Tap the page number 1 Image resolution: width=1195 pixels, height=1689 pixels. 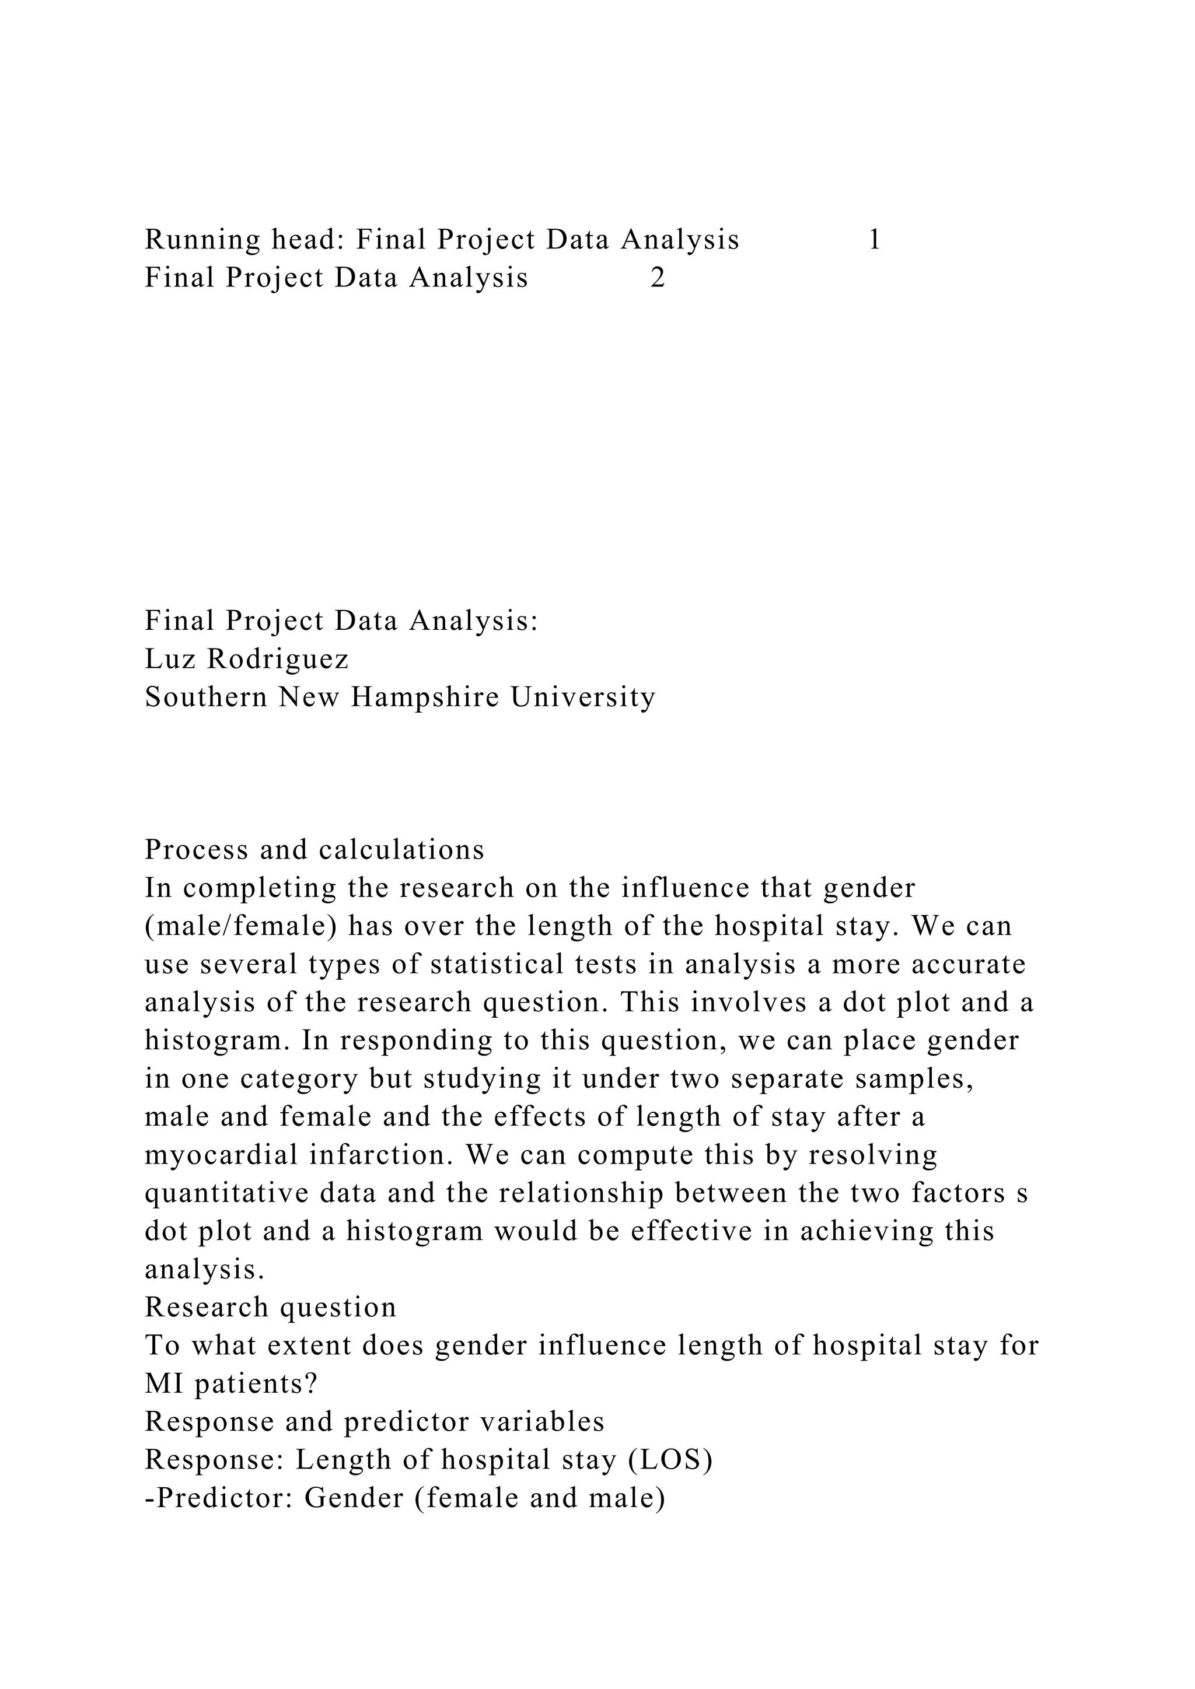pyautogui.click(x=874, y=240)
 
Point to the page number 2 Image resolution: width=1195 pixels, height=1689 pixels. pyautogui.click(x=658, y=278)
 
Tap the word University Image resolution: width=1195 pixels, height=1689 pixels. pyautogui.click(x=583, y=698)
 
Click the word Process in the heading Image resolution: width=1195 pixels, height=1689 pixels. pyautogui.click(x=194, y=850)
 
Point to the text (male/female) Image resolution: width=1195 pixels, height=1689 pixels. pyautogui.click(x=240, y=926)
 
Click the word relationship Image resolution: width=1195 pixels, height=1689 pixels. pyautogui.click(x=581, y=1193)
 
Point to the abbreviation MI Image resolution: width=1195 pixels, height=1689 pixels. pyautogui.click(x=158, y=1385)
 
